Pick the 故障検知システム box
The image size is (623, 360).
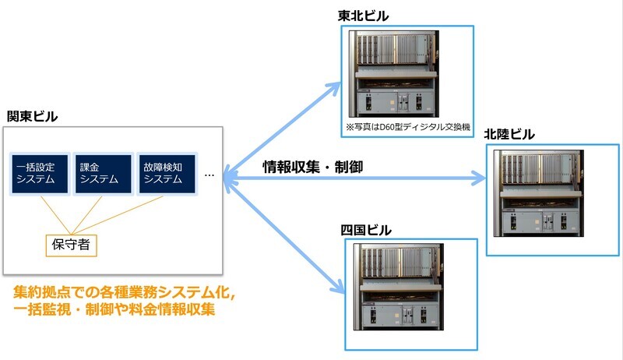point(165,172)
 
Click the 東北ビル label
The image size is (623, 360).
point(363,16)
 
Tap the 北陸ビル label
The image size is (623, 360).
point(509,134)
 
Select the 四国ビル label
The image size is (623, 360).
point(366,230)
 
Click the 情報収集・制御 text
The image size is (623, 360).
point(312,166)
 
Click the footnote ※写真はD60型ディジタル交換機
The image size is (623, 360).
point(408,127)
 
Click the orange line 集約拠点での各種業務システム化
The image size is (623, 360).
point(125,293)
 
